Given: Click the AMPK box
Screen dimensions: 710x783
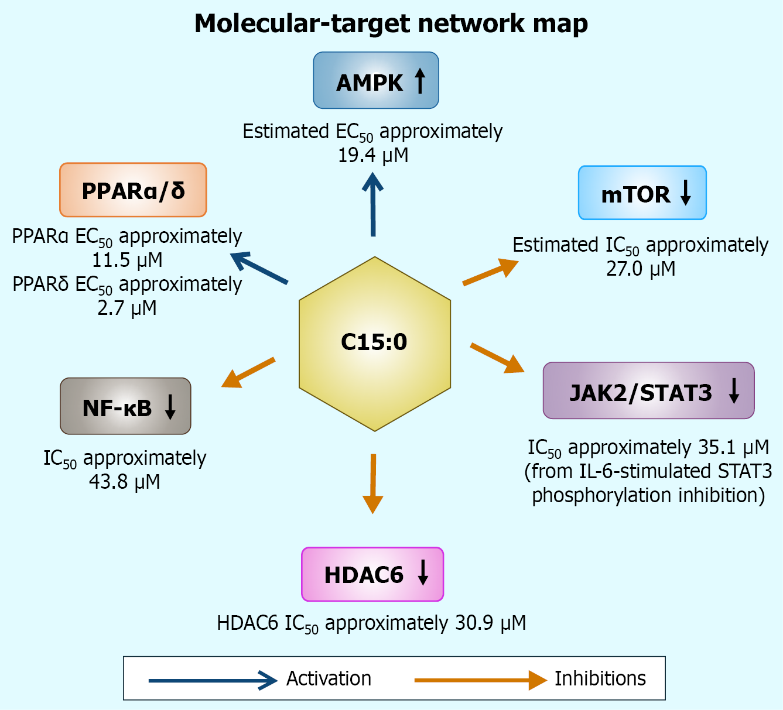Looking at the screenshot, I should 376,81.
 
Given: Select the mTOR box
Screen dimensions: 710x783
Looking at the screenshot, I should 642,193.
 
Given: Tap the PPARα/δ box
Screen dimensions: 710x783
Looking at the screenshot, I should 133,190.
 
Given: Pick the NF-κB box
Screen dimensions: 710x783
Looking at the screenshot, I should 125,406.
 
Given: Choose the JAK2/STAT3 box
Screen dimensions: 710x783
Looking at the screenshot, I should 648,390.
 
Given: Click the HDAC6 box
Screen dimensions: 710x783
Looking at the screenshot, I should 372,574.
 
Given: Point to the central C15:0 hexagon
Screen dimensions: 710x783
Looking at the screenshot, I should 375,344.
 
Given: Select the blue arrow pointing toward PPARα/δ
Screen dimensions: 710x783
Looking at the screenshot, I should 259,268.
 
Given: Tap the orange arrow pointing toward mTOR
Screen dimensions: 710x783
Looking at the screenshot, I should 490,272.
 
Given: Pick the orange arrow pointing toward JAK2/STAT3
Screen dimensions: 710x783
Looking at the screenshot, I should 497,358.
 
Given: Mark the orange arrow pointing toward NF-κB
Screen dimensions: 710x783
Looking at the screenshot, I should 248,372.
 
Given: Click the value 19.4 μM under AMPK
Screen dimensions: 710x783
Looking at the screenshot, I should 373,156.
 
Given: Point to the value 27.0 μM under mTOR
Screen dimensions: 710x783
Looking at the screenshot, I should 641,269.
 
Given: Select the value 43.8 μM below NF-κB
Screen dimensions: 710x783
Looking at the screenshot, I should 125,482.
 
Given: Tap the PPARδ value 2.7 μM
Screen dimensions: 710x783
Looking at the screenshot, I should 127,308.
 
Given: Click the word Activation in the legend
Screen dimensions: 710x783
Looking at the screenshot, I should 329,678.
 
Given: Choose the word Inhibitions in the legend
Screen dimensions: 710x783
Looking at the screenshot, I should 600,678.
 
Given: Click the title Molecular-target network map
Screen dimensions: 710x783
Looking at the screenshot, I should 391,24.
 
